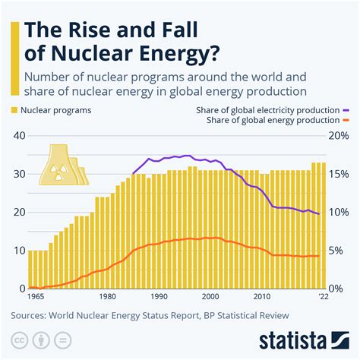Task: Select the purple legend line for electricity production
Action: tap(344, 110)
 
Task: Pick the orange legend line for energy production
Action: tap(344, 120)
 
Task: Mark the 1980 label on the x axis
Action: tap(108, 297)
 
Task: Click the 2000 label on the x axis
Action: tap(210, 297)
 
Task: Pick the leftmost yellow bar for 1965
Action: tap(30, 270)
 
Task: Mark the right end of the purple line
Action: tap(319, 214)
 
